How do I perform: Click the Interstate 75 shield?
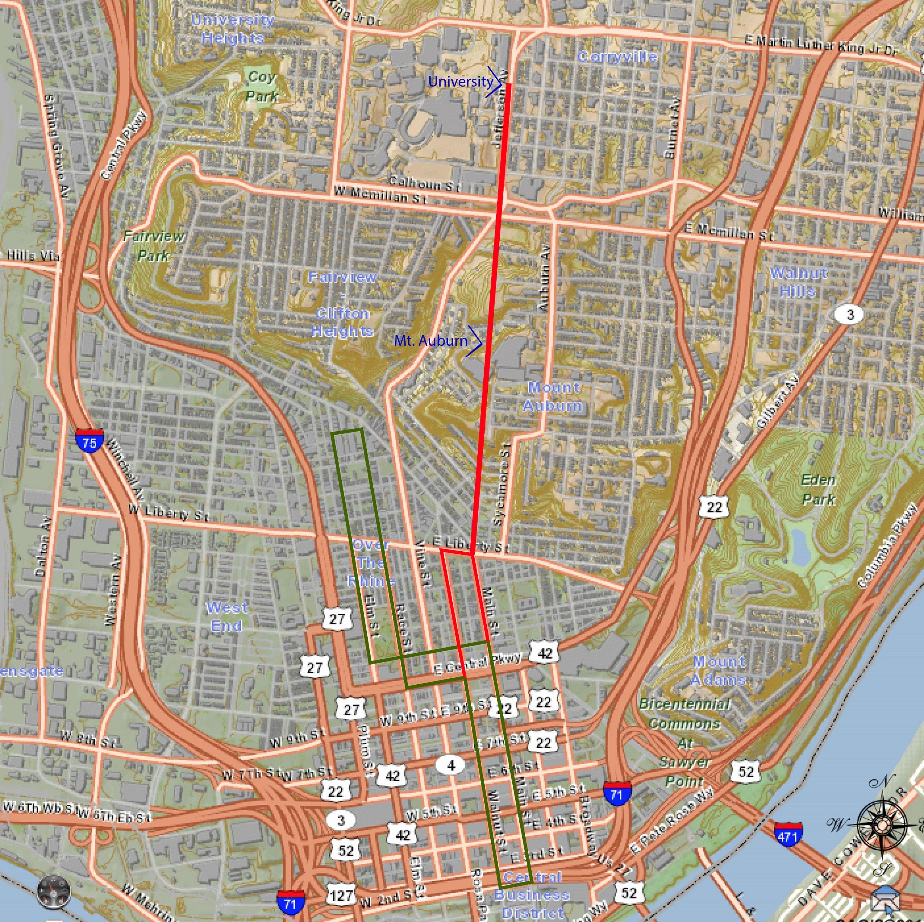[x=89, y=442]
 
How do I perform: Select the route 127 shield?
[x=341, y=894]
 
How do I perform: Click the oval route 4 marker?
[x=451, y=765]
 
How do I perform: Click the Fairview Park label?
[x=153, y=245]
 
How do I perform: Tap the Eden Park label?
[x=818, y=489]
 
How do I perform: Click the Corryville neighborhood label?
[x=617, y=57]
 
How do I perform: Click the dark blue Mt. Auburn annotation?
[x=431, y=341]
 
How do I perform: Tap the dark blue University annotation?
[x=460, y=81]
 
